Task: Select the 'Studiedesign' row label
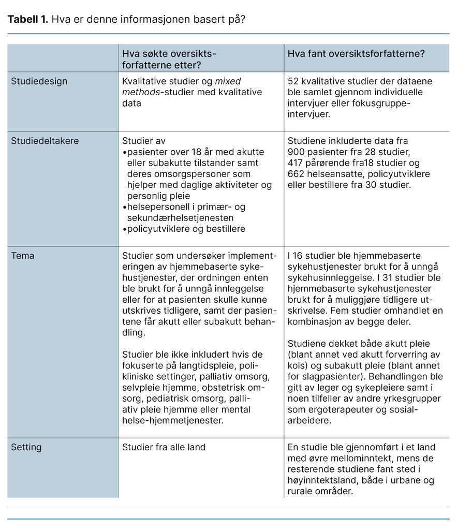[x=39, y=81]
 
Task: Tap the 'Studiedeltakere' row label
[x=45, y=141]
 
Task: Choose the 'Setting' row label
[x=26, y=447]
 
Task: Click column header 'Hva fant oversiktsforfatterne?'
[x=356, y=54]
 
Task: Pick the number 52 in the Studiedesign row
[x=293, y=81]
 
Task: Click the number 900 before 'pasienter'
[x=296, y=152]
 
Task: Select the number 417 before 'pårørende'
[x=296, y=163]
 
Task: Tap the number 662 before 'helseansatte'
[x=296, y=173]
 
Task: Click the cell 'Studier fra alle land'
[x=164, y=447]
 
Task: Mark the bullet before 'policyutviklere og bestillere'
[x=125, y=229]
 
